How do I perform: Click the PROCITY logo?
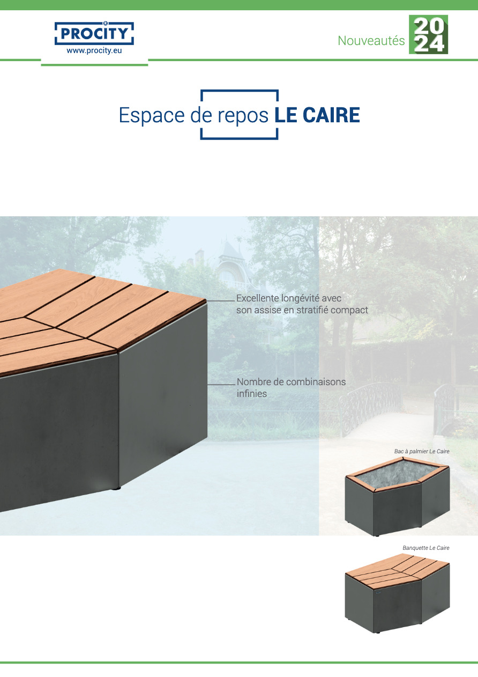click(94, 33)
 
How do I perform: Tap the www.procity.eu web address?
click(94, 50)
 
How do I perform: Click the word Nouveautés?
click(371, 40)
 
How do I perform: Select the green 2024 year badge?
click(429, 34)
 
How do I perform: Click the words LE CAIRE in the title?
click(317, 115)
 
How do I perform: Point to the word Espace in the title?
click(152, 116)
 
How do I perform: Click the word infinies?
click(252, 394)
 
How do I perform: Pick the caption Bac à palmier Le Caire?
click(422, 451)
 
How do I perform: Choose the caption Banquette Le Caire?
click(426, 548)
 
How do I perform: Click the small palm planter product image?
click(398, 496)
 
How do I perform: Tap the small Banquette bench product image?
click(398, 593)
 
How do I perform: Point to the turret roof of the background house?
click(231, 251)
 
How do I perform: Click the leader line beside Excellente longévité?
click(221, 301)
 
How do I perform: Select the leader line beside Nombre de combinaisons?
click(221, 385)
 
